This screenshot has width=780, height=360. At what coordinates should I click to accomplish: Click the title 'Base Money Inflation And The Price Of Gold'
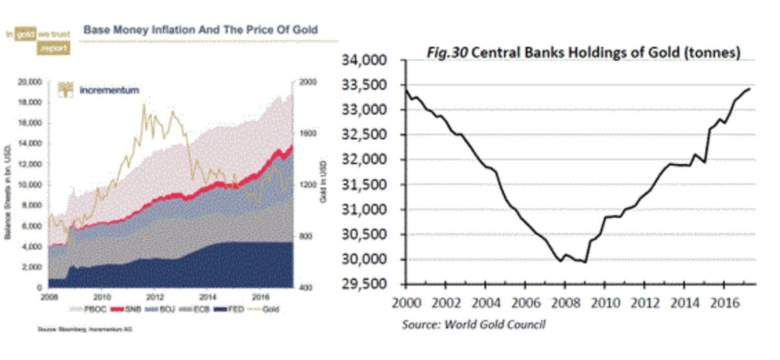(x=201, y=29)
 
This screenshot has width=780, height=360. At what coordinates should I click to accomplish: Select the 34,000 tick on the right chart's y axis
(x=367, y=60)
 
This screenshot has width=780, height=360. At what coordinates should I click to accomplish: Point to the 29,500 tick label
(x=367, y=285)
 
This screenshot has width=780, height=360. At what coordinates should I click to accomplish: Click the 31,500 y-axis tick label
(x=367, y=185)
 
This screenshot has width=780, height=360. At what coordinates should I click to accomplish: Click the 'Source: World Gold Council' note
(x=473, y=324)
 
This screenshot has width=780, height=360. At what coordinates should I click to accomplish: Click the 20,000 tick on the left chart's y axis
(x=30, y=82)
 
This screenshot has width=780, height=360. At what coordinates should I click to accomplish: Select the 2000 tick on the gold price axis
(x=307, y=82)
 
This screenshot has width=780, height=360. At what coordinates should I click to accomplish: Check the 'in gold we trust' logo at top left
(x=37, y=38)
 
